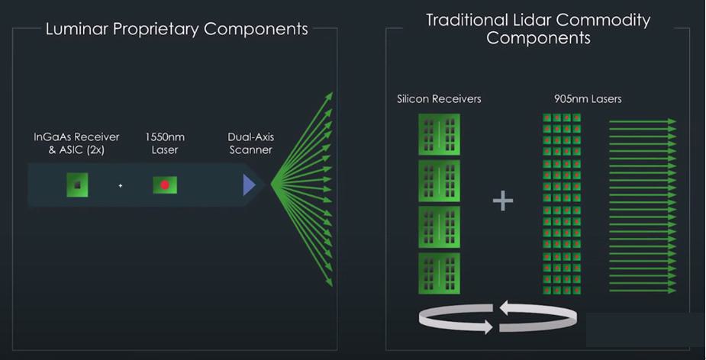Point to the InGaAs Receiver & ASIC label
[76, 143]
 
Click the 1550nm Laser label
[165, 143]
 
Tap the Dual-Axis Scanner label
[250, 143]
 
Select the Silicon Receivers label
[439, 99]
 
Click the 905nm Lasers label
[588, 99]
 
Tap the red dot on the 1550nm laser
[165, 185]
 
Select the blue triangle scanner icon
[249, 185]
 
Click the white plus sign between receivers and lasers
[502, 201]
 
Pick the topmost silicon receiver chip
[439, 134]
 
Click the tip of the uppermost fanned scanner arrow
[330, 95]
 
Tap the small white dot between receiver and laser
[121, 185]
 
